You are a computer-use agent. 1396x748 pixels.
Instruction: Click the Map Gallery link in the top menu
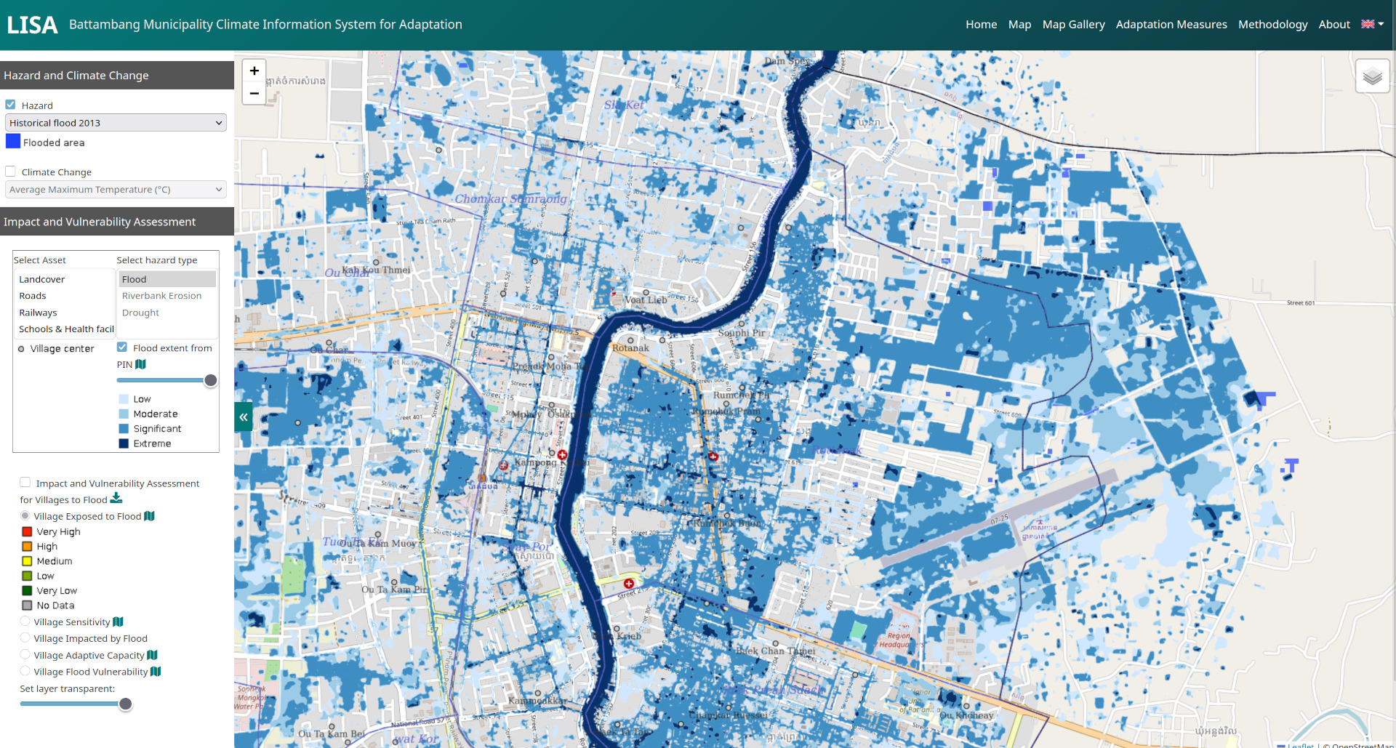click(1073, 25)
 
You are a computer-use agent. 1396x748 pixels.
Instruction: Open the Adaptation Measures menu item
click(1171, 25)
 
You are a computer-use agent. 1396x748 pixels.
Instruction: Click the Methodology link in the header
click(1272, 25)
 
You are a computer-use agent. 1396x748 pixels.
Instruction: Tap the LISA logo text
click(32, 25)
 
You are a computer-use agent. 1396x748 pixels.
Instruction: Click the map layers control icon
click(1372, 76)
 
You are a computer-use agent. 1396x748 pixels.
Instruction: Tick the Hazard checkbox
click(11, 105)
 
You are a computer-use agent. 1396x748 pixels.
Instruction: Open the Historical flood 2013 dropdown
click(116, 123)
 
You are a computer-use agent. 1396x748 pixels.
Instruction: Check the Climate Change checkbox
click(11, 172)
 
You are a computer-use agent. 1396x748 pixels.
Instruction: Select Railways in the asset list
click(38, 313)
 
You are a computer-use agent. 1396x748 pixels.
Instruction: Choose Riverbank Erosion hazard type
click(161, 296)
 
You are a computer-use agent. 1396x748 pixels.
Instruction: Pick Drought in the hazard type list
click(140, 313)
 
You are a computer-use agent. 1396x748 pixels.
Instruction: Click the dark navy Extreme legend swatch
click(124, 443)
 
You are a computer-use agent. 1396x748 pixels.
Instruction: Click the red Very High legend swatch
click(27, 531)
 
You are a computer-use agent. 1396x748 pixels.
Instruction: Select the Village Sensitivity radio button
click(25, 622)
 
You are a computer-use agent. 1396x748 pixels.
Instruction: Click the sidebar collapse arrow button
click(244, 417)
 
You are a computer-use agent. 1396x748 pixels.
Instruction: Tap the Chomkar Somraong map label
click(510, 199)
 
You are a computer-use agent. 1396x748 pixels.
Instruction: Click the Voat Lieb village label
click(646, 299)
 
